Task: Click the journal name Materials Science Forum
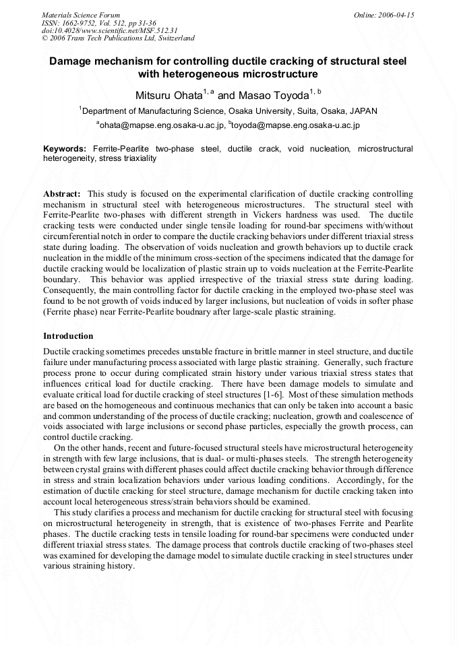pyautogui.click(x=81, y=15)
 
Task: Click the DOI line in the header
pyautogui.click(x=109, y=30)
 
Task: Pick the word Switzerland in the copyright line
pyautogui.click(x=175, y=38)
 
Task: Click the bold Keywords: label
pyautogui.click(x=65, y=148)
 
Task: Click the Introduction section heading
pyautogui.click(x=68, y=335)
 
